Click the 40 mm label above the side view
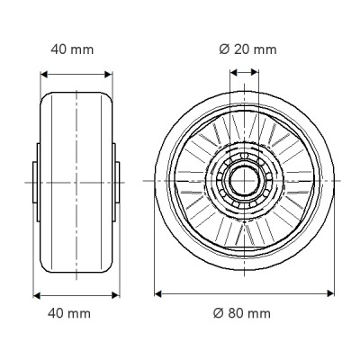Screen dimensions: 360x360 [x=72, y=49]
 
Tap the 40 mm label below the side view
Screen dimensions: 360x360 [x=69, y=313]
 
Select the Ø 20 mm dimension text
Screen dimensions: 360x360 [x=247, y=49]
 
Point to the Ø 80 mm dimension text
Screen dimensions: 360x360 [x=242, y=313]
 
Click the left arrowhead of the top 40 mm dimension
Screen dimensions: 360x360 [x=44, y=74]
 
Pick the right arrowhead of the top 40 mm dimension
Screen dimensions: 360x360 [x=108, y=74]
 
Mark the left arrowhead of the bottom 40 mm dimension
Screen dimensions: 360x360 [x=37, y=295]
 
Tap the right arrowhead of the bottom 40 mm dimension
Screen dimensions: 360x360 [x=115, y=295]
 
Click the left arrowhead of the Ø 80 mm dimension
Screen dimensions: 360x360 [x=158, y=293]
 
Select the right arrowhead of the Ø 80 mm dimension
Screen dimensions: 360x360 [x=330, y=293]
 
